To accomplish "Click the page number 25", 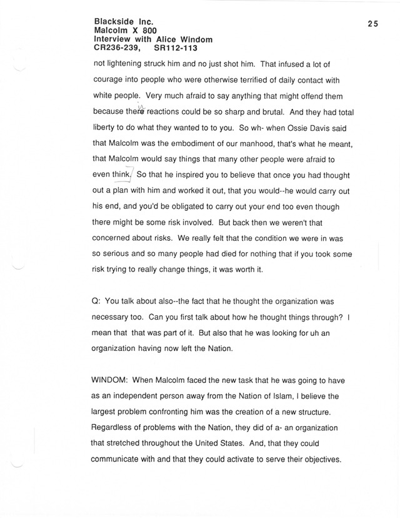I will (x=373, y=24).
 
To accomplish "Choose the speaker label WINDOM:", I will (x=113, y=380).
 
